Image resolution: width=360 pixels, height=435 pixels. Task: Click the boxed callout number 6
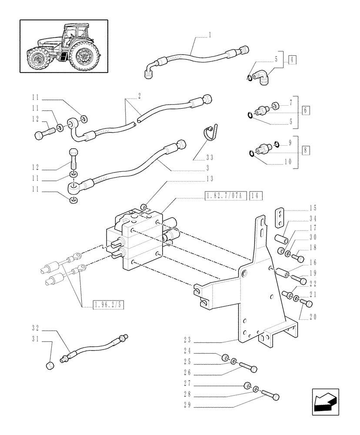(x=306, y=110)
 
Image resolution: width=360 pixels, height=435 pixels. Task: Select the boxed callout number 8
(x=306, y=150)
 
